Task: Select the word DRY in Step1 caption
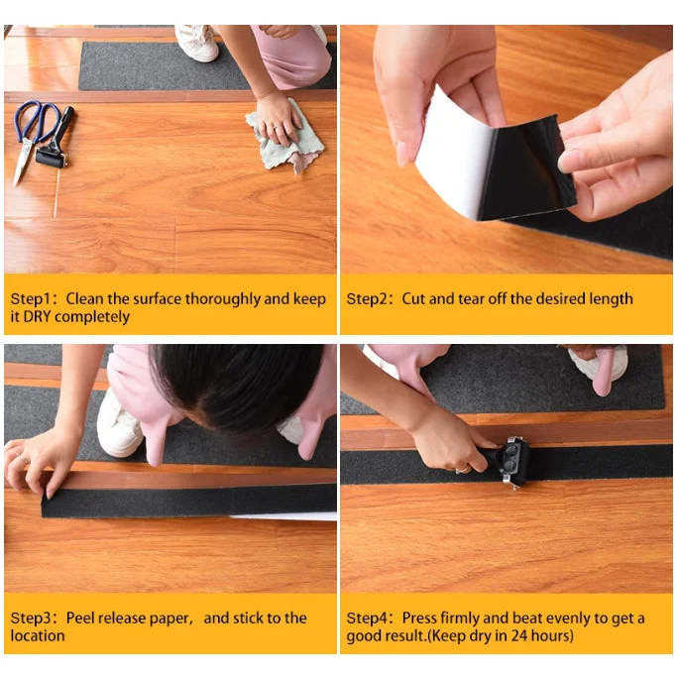tap(38, 317)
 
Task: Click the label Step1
tap(31, 298)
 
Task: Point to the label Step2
tap(367, 298)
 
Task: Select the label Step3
tap(31, 619)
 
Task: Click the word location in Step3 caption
tap(38, 635)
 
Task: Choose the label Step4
tap(367, 619)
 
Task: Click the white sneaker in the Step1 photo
tap(197, 43)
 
